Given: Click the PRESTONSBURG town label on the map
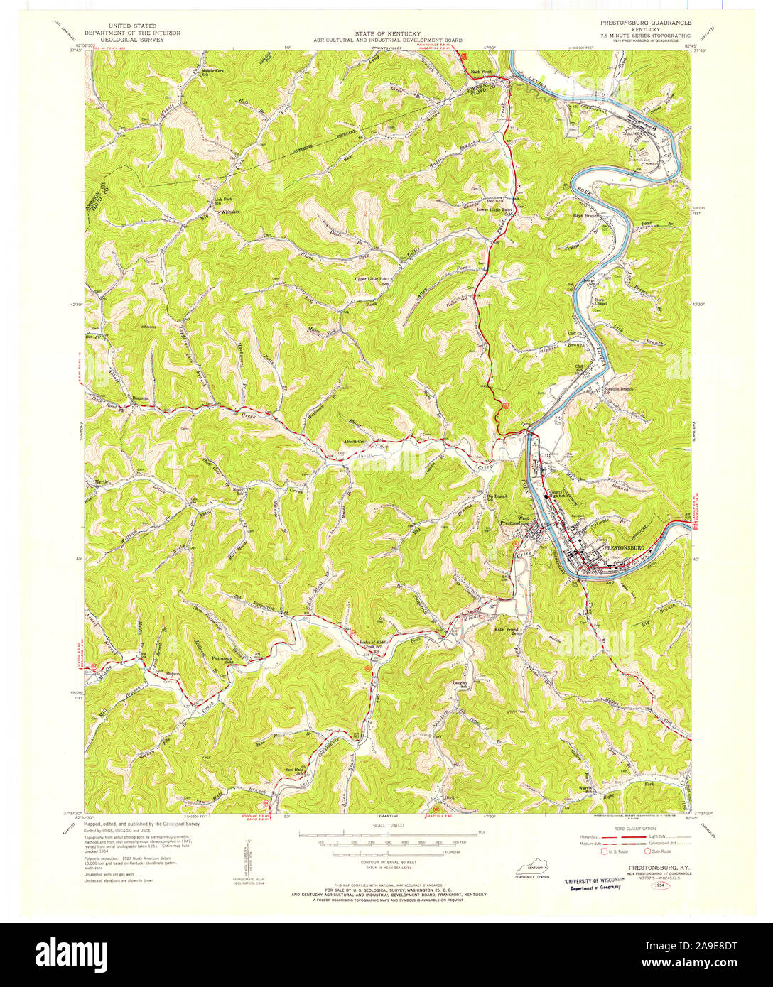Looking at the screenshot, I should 622,549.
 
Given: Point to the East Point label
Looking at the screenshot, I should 482,72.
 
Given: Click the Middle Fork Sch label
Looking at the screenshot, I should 212,73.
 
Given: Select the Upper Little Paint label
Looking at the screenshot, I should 372,279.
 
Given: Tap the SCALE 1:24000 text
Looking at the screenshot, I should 386,826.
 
